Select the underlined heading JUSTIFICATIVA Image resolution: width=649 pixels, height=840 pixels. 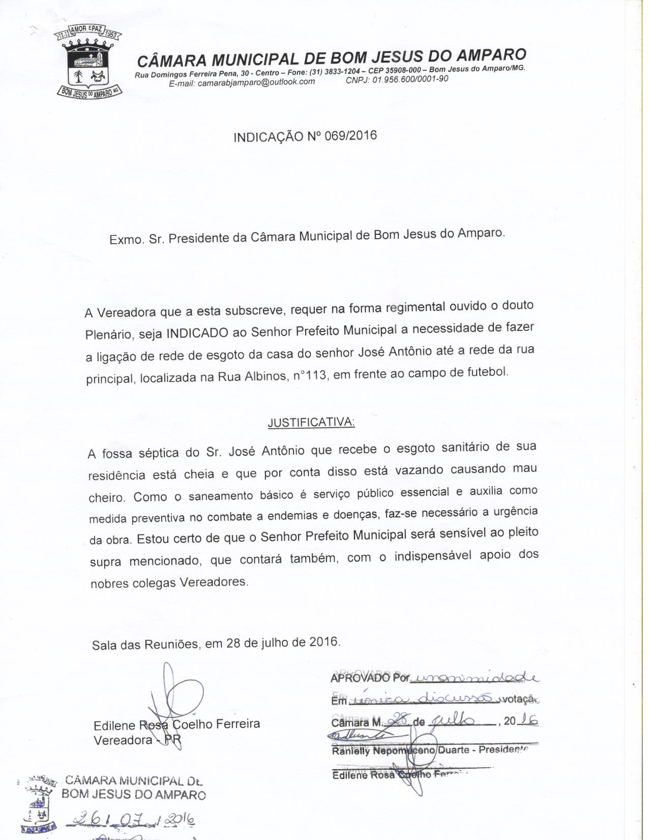coord(311,423)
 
